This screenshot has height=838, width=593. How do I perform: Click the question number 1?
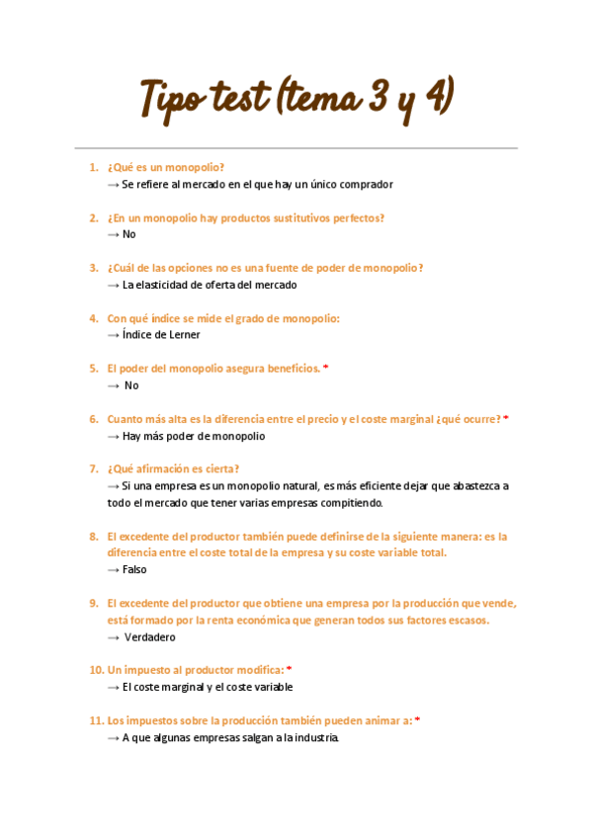tap(93, 167)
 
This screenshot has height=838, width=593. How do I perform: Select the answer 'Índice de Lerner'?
tap(160, 335)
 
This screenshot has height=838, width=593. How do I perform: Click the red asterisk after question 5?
tap(326, 369)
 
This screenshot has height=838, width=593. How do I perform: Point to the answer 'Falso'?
tap(134, 570)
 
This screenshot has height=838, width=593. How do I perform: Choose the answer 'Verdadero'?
tap(150, 637)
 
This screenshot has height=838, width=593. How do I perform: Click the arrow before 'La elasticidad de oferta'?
tap(113, 285)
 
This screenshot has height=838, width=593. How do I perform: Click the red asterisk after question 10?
tap(290, 670)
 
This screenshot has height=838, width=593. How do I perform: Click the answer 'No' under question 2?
tap(129, 234)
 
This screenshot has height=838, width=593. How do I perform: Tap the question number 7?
tap(93, 468)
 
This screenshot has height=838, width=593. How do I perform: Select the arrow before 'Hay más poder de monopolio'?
tap(113, 436)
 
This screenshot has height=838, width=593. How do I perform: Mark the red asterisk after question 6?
tap(506, 419)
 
